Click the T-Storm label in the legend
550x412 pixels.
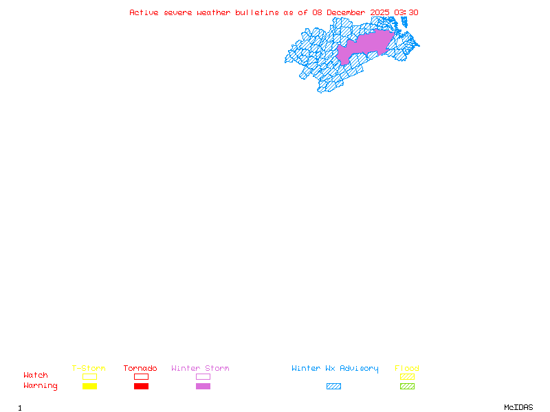pos(89,369)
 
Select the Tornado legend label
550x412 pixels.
pos(140,369)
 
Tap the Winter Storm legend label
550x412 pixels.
pos(200,369)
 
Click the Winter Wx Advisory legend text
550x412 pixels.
pos(335,369)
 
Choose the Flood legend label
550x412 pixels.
pos(407,369)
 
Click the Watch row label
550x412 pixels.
pos(36,376)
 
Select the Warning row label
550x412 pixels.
pos(41,386)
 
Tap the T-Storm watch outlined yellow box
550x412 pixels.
pos(89,376)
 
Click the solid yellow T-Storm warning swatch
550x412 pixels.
pos(89,386)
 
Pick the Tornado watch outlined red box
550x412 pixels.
pos(141,376)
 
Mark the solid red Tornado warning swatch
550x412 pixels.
pos(141,386)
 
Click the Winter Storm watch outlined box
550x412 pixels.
pos(203,376)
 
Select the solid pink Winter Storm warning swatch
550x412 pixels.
pos(203,386)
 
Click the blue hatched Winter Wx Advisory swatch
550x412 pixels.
pos(333,386)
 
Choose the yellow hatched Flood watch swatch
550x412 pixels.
pos(407,376)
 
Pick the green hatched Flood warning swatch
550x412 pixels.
pos(407,386)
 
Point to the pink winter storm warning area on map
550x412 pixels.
pos(368,45)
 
